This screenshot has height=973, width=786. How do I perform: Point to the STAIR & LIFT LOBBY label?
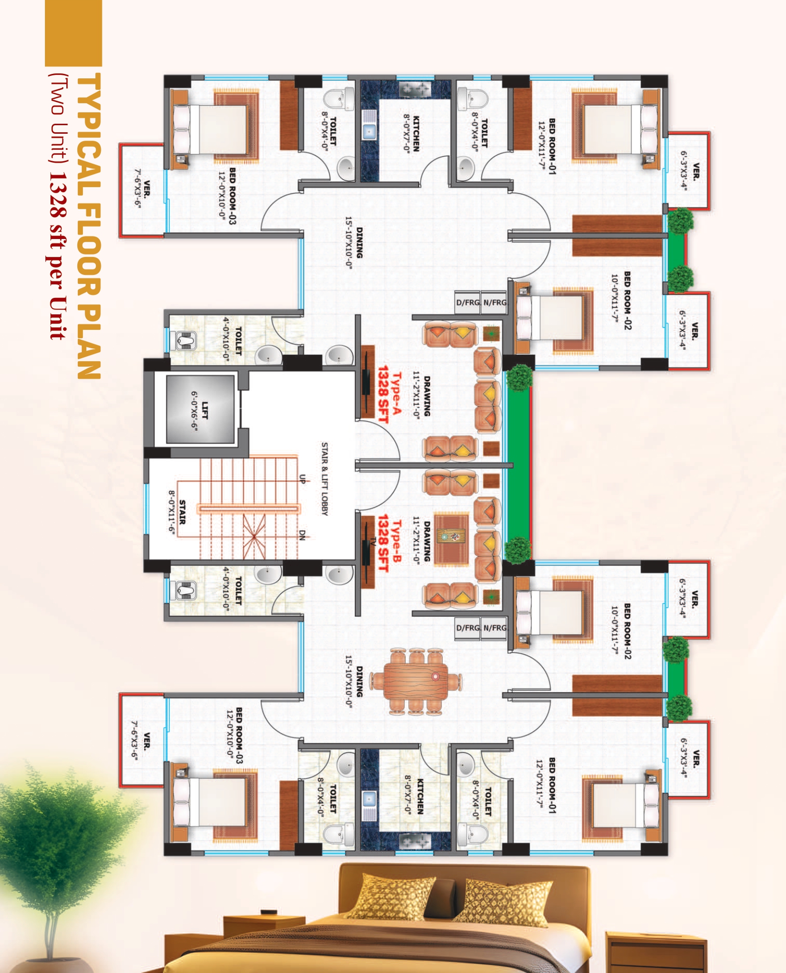[325, 479]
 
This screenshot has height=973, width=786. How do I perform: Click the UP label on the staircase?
[302, 479]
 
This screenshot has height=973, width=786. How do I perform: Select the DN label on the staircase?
[302, 535]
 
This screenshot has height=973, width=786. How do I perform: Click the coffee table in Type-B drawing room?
[452, 538]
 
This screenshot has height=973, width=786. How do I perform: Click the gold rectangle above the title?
[73, 33]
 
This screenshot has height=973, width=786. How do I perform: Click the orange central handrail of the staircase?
[249, 509]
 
